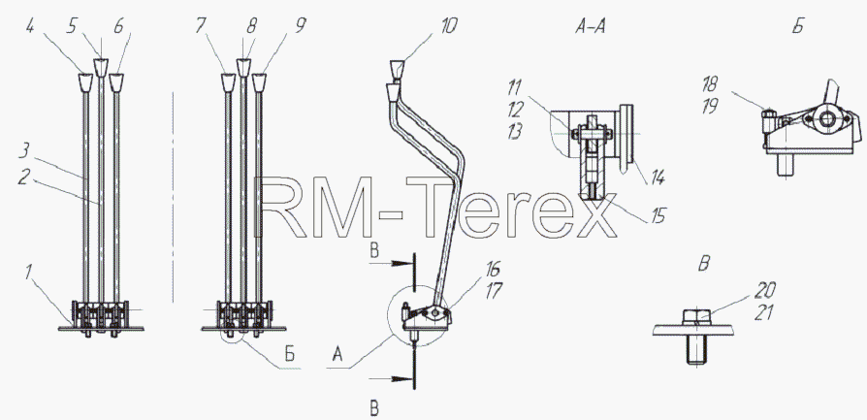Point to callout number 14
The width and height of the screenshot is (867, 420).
point(657,178)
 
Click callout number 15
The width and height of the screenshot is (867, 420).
point(658,214)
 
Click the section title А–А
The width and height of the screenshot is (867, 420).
point(590,27)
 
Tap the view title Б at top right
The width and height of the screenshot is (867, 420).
point(797,27)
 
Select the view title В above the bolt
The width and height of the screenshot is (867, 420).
point(703,265)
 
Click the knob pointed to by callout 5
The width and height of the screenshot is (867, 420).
point(101,68)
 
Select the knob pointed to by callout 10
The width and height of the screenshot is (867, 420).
point(399,71)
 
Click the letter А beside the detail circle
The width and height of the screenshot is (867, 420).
point(337,356)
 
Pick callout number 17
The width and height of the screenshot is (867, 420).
point(493,293)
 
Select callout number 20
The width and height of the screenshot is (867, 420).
point(765,289)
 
